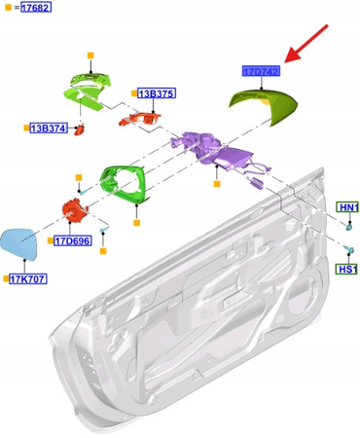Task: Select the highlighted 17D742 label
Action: pos(261,71)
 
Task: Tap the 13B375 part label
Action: pos(157,93)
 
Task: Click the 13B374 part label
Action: pos(49,128)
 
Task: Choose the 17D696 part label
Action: pos(73,240)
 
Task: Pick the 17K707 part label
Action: pos(29,278)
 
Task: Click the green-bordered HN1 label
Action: pos(347,208)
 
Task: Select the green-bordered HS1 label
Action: pos(347,269)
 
